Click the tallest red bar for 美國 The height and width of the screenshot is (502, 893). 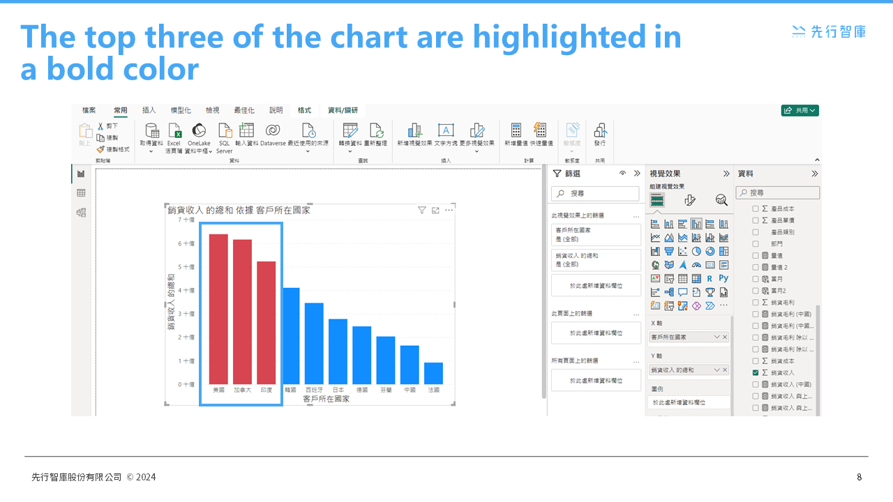(218, 308)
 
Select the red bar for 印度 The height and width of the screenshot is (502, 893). (266, 322)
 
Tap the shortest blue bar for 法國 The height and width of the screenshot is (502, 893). (433, 373)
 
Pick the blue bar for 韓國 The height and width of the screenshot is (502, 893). (291, 335)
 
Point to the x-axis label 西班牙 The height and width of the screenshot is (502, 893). (314, 390)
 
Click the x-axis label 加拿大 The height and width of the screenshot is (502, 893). (242, 390)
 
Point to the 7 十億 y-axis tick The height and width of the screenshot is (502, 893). (187, 220)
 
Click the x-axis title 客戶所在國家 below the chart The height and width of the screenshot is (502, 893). (327, 400)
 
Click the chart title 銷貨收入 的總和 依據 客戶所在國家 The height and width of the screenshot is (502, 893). (239, 210)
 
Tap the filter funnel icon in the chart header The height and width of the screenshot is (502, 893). (421, 210)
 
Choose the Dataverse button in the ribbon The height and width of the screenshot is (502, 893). (273, 135)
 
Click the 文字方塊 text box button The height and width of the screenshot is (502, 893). (446, 135)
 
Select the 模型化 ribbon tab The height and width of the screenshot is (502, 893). (181, 110)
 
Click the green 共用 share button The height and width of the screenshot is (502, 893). (800, 110)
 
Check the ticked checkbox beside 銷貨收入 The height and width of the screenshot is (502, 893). (756, 373)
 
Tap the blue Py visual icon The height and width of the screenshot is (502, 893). (723, 278)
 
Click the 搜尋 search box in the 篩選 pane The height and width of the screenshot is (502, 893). (595, 193)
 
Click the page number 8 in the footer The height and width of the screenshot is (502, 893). (860, 478)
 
